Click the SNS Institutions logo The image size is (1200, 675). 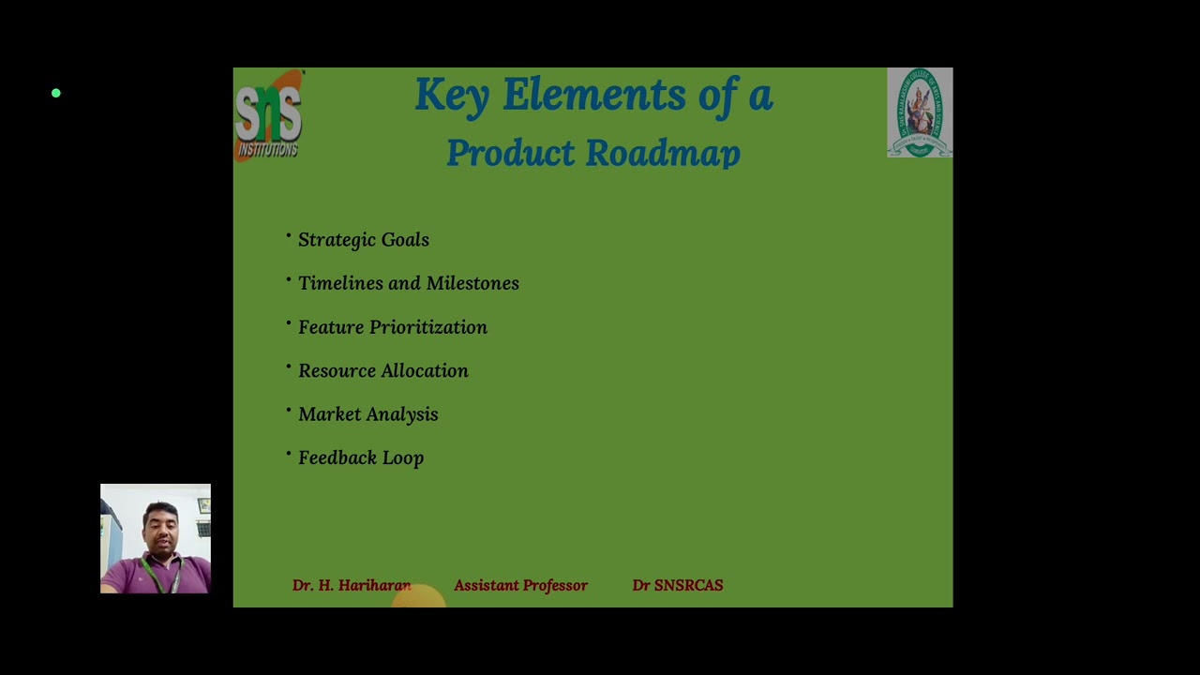268,114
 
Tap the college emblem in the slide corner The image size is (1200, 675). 920,112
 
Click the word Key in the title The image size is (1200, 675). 451,96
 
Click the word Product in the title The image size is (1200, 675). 510,153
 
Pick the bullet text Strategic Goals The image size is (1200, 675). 364,240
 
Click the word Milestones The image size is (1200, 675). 472,283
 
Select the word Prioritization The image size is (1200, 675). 427,327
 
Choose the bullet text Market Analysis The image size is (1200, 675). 368,414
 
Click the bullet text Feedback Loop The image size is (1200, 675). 361,457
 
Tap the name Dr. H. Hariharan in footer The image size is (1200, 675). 352,585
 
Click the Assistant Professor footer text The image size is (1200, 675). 521,585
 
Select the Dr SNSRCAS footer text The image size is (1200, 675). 678,585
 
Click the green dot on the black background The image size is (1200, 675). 56,93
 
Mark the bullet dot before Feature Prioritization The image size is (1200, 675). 289,323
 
